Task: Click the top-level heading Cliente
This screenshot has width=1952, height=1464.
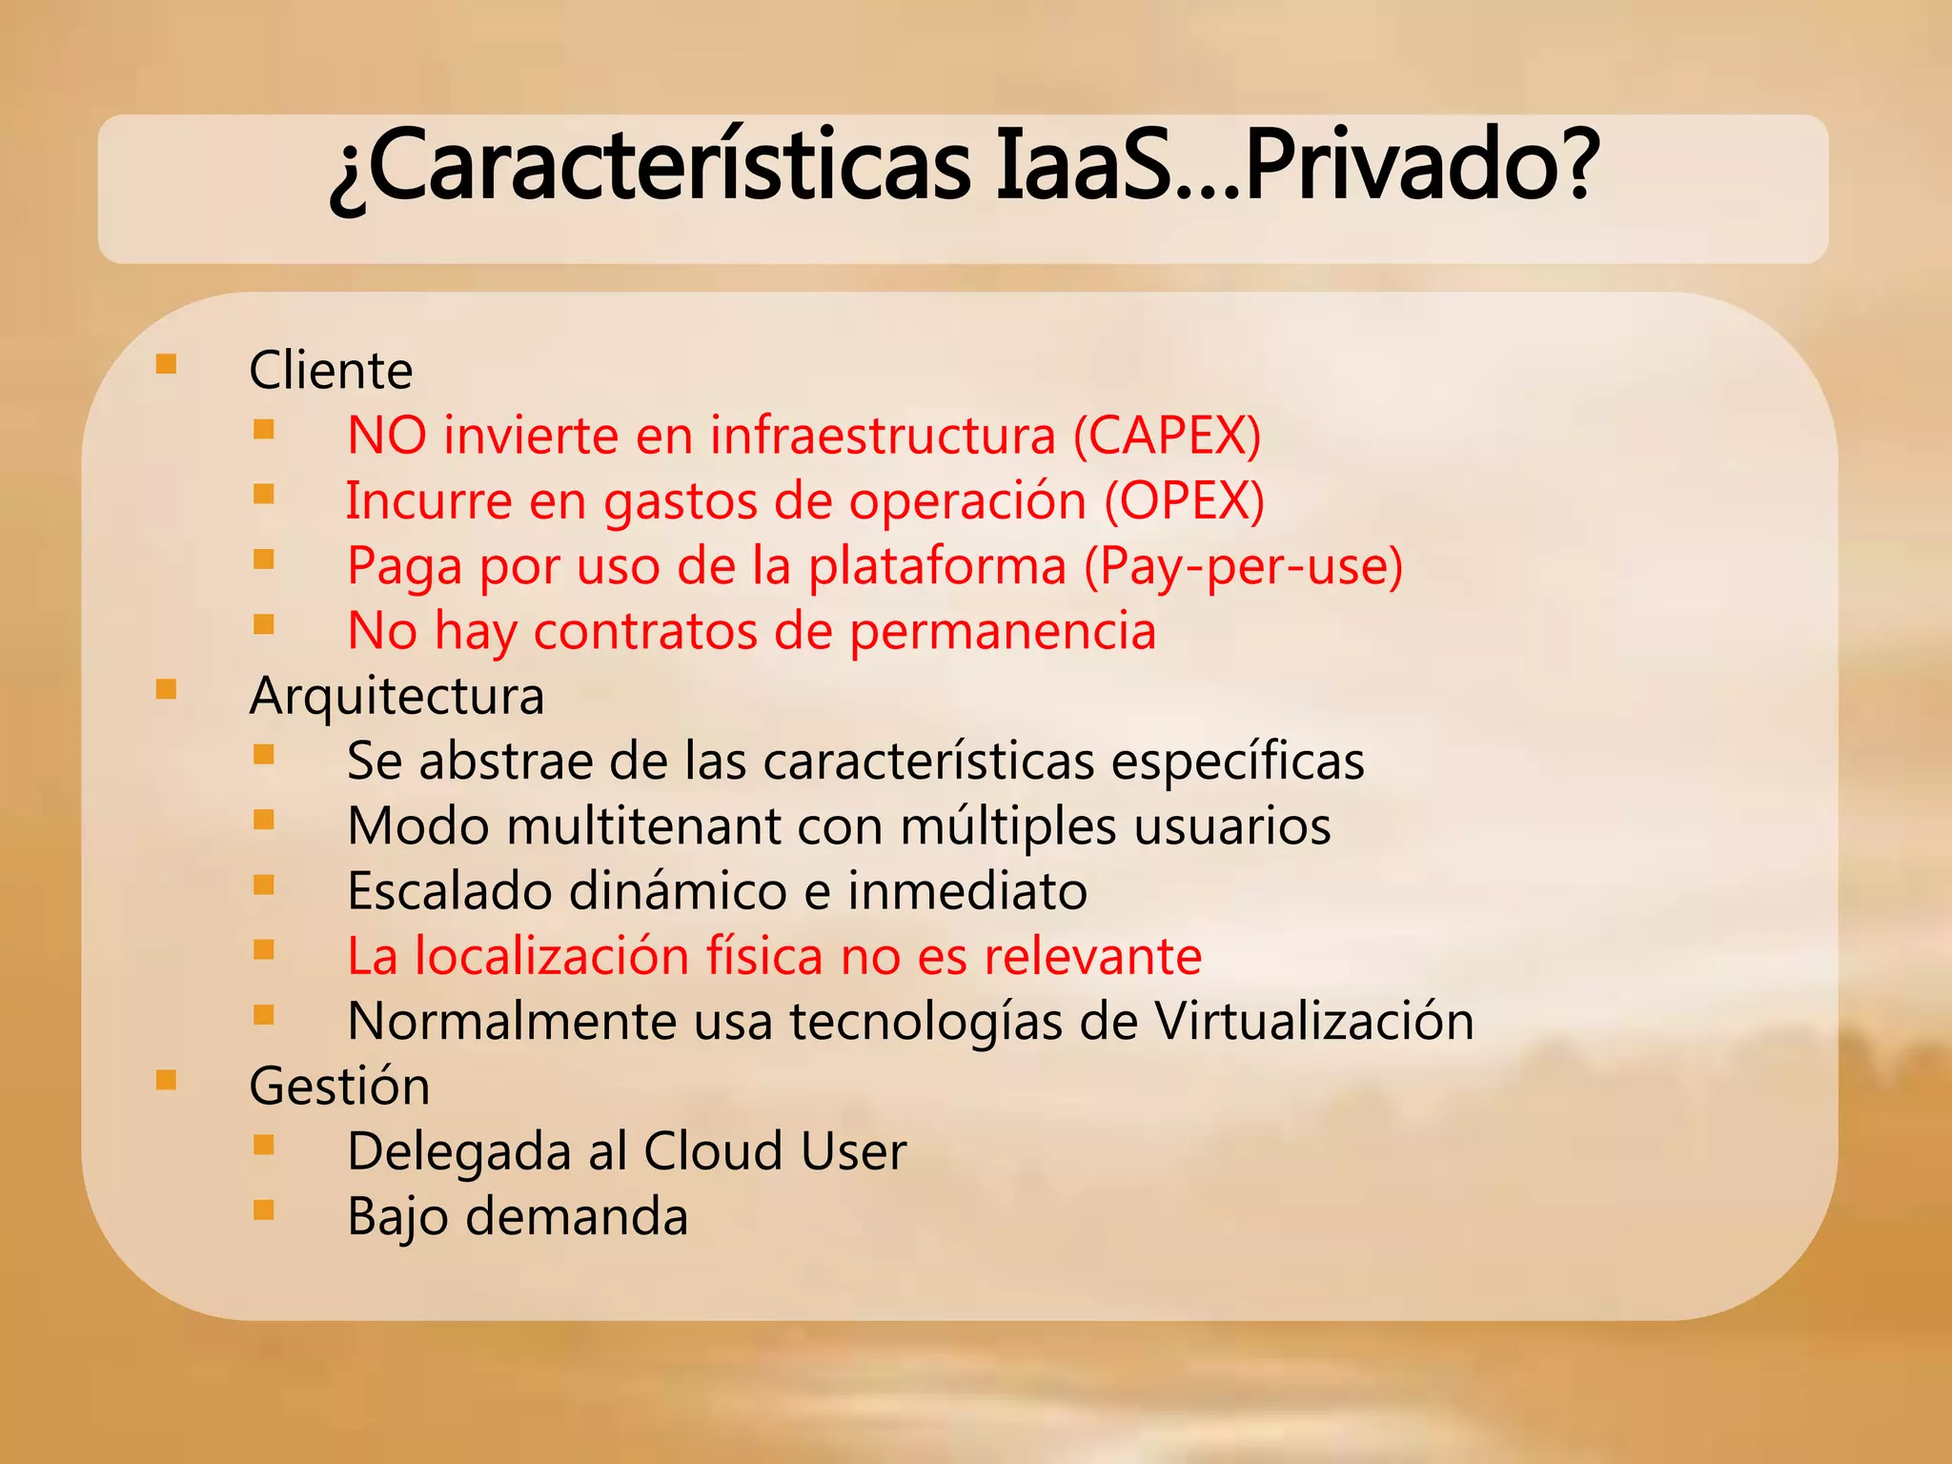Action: point(331,370)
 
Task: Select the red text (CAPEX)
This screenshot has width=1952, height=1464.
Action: point(1167,436)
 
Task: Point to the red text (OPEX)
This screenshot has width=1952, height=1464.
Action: point(1184,500)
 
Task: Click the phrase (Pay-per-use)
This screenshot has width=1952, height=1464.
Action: point(1243,566)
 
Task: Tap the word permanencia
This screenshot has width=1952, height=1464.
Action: point(1002,632)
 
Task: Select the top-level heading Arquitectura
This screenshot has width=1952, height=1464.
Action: point(396,696)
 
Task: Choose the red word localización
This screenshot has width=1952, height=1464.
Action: point(551,956)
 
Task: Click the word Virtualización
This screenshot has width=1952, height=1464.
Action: point(1314,1021)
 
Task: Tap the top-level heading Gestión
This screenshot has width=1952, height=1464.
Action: point(339,1086)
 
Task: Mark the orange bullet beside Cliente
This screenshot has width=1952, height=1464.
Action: point(166,364)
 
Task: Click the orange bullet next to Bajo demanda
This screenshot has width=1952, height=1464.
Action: point(264,1210)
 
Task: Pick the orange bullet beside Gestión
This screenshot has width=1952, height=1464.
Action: point(166,1080)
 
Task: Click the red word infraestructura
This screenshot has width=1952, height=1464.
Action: point(883,436)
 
